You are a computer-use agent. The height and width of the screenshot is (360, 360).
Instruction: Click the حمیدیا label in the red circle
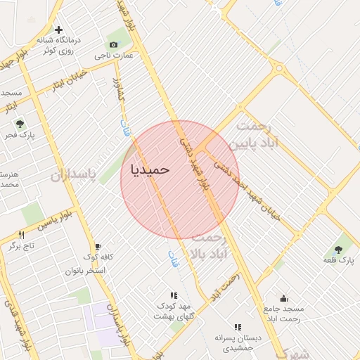pyautogui.click(x=150, y=169)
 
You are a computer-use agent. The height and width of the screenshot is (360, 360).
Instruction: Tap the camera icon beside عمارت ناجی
pyautogui.click(x=114, y=44)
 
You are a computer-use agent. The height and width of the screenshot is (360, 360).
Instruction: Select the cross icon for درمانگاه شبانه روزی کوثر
pyautogui.click(x=58, y=30)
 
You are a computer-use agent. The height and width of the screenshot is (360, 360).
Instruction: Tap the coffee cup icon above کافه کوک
pyautogui.click(x=97, y=245)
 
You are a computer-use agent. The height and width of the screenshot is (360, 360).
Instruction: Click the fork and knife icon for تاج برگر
pyautogui.click(x=21, y=235)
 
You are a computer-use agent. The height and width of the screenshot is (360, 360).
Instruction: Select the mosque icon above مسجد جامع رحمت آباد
pyautogui.click(x=283, y=298)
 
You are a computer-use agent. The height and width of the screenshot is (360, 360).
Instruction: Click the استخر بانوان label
pyautogui.click(x=86, y=270)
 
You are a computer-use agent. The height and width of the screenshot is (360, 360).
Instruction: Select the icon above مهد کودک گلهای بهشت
pyautogui.click(x=174, y=295)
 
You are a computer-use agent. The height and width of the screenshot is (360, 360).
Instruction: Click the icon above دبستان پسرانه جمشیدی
pyautogui.click(x=238, y=327)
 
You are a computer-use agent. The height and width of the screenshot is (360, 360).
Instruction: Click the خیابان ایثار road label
pyautogui.click(x=66, y=82)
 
